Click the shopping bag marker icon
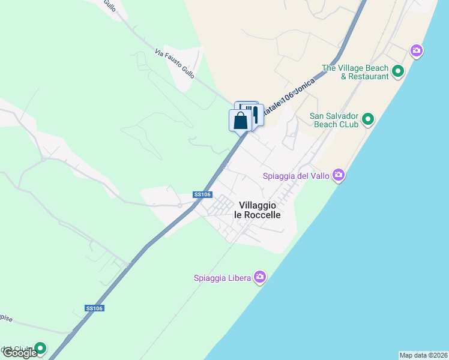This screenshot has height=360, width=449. (240, 120)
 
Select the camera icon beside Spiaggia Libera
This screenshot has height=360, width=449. (259, 277)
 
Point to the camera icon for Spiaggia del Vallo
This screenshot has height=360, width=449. (339, 175)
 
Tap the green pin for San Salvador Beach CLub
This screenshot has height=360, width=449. (369, 119)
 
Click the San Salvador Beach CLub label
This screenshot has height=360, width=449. (334, 120)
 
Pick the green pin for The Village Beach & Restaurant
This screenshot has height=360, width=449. (397, 72)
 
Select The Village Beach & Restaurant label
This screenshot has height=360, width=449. (355, 72)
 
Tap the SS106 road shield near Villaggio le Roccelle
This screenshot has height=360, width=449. (202, 194)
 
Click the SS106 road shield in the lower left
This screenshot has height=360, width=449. (95, 308)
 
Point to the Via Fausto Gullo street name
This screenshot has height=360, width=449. (175, 64)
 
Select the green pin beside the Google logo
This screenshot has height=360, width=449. (40, 348)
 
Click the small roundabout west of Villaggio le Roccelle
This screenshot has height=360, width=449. (179, 205)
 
